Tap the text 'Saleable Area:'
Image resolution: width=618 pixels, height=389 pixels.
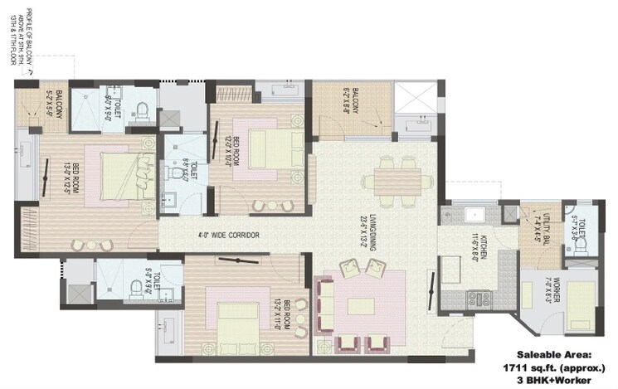[x=563, y=353]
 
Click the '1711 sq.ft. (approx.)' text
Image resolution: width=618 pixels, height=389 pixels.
[x=563, y=366]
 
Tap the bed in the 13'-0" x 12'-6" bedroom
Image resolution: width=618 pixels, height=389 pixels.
[x=117, y=173]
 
